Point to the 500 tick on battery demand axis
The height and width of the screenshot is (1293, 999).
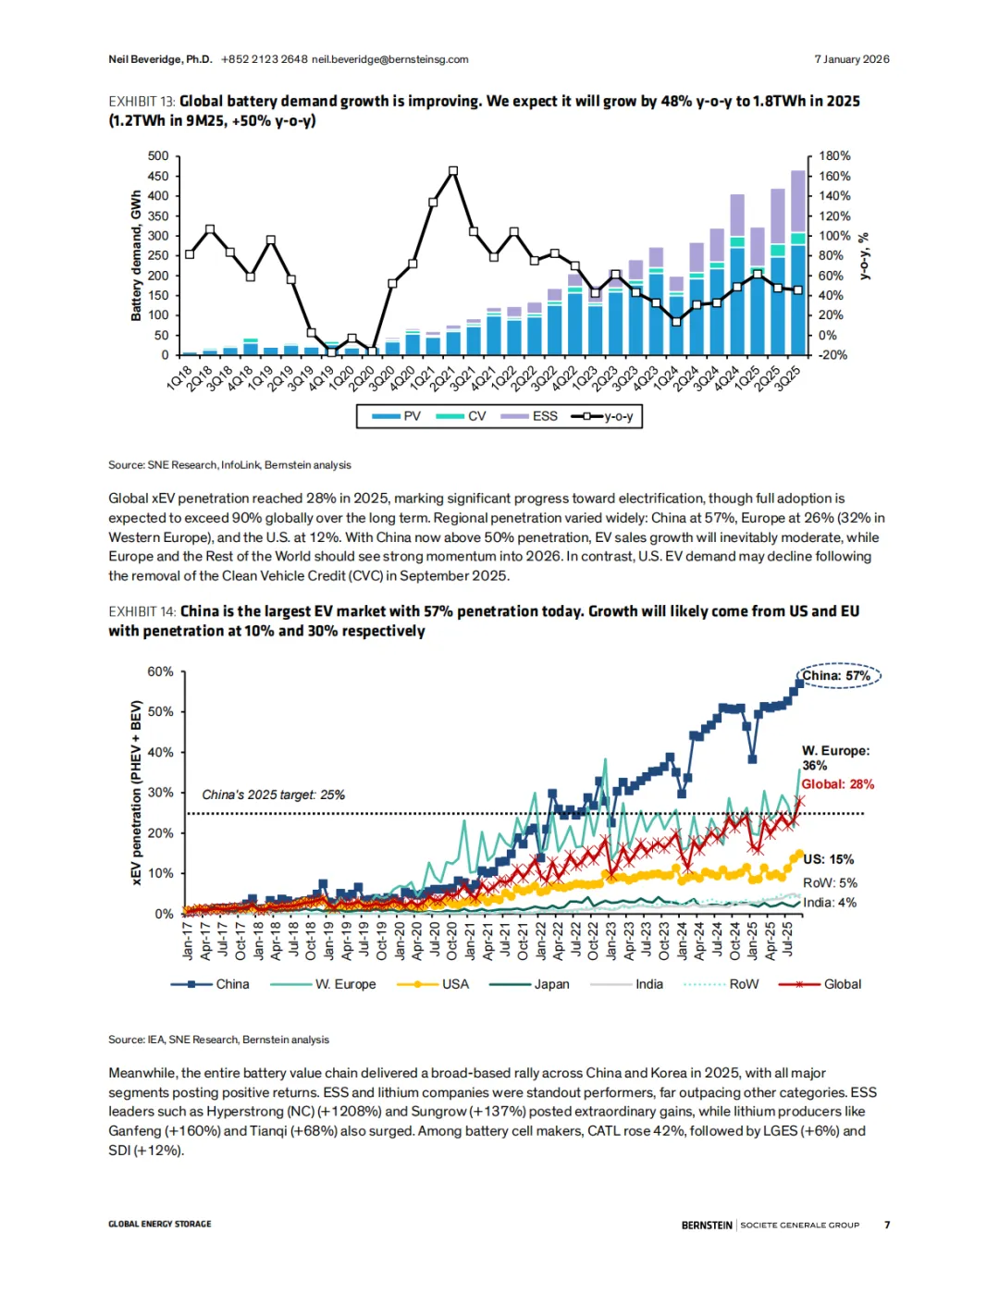(x=158, y=156)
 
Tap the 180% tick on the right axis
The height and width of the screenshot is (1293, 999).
(x=834, y=156)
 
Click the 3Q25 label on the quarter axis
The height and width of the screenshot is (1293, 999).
(x=788, y=378)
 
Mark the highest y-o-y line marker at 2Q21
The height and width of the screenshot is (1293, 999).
(x=453, y=171)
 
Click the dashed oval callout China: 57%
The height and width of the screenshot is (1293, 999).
(x=838, y=676)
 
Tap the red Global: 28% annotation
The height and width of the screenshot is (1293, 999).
(x=837, y=784)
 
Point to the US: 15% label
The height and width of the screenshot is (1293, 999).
(x=828, y=859)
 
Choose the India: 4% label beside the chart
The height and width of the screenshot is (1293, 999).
(x=829, y=903)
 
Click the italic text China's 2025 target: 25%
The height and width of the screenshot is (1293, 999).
(x=273, y=794)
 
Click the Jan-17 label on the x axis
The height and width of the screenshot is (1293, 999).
(x=188, y=940)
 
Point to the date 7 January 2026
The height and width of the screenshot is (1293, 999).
(x=851, y=59)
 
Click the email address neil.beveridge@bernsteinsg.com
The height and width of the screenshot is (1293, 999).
(x=389, y=59)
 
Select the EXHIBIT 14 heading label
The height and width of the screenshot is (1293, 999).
(x=142, y=611)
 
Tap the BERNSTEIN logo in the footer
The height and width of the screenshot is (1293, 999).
(x=707, y=1225)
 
